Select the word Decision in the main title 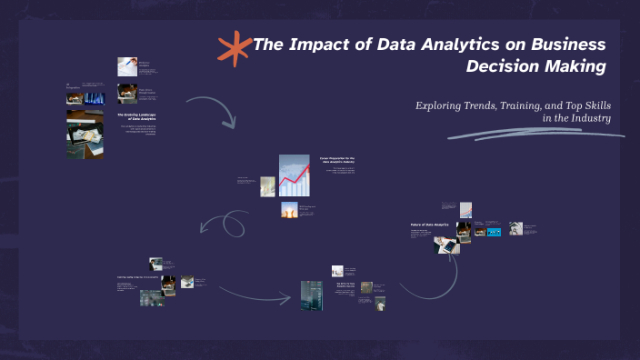click(503, 66)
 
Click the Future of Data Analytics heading click(430, 224)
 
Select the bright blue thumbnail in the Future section click(494, 232)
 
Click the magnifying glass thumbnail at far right click(516, 229)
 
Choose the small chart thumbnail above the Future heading click(465, 210)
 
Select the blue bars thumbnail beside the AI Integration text click(95, 97)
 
